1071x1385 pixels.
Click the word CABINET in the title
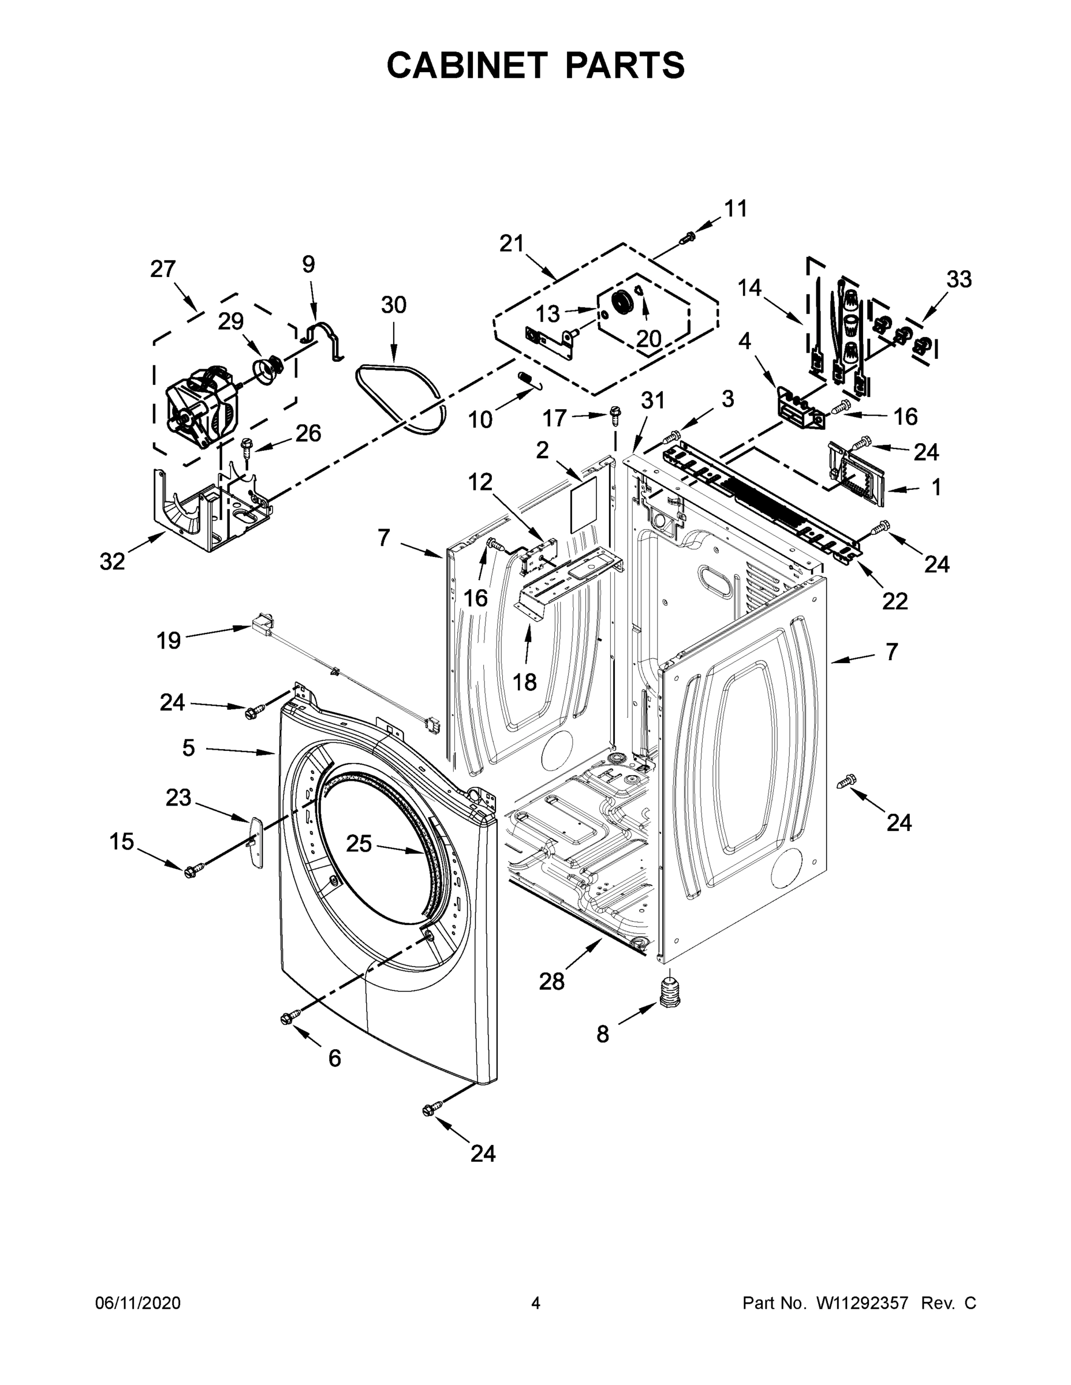467,65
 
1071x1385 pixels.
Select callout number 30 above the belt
393,305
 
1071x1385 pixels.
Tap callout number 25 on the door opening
359,844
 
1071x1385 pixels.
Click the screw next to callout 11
687,238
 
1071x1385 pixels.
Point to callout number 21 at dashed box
512,243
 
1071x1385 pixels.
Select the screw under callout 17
614,416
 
